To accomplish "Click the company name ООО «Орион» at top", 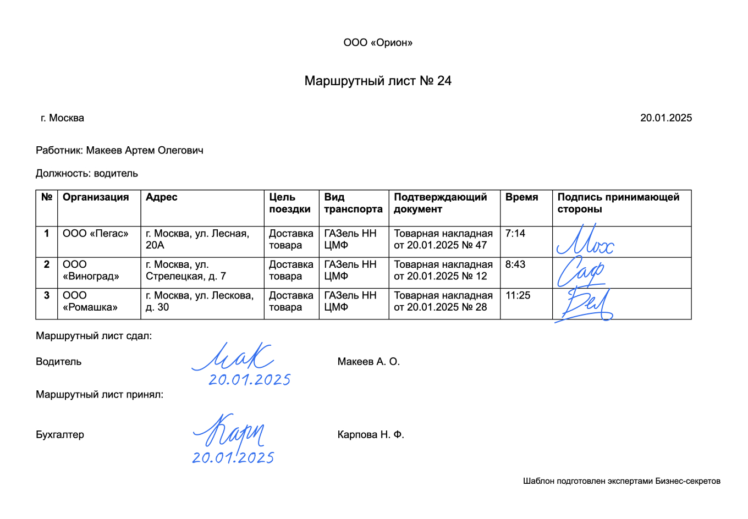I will coord(378,43).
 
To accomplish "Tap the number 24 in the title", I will coord(444,81).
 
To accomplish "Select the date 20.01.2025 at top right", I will coord(665,118).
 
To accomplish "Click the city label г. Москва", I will coord(62,118).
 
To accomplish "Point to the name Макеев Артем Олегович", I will coord(145,150).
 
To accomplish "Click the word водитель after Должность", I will coord(116,173).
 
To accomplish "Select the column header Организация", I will coord(96,197).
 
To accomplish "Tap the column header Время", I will coord(521,197).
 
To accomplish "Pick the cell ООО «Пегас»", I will coord(95,234).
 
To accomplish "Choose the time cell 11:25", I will coord(518,296).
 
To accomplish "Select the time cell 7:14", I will coord(515,234).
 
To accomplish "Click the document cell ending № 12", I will coord(443,270).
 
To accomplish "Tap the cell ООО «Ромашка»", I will coord(90,301).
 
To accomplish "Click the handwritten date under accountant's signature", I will coord(233,457).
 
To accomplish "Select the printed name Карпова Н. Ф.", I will coord(371,435).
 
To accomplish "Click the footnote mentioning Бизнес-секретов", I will coord(621,481).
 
